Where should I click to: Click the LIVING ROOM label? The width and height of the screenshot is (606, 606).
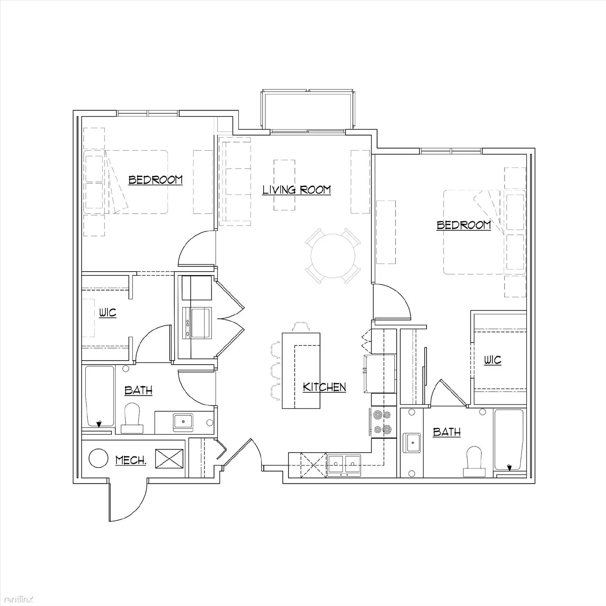[297, 190]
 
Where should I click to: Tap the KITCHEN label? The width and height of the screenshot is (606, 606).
[325, 387]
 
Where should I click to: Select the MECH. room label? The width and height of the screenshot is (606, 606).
[131, 461]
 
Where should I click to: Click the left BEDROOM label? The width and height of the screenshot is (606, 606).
[155, 180]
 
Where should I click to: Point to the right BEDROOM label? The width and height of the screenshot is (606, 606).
[464, 225]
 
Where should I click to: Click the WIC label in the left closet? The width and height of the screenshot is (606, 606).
[108, 313]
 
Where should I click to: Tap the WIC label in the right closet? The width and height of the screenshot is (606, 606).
[492, 360]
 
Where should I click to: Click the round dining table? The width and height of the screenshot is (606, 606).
[333, 256]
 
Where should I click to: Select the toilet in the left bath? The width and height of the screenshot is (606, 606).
[132, 419]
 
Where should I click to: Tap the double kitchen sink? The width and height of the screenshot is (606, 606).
[344, 464]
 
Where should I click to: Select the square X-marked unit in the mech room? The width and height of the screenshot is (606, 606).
[169, 459]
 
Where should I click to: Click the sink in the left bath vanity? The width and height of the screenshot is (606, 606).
[183, 422]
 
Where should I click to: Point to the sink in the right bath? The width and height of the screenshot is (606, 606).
[412, 443]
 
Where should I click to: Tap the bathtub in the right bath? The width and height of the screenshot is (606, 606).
[509, 439]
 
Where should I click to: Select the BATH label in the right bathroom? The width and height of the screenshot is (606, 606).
[447, 432]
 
